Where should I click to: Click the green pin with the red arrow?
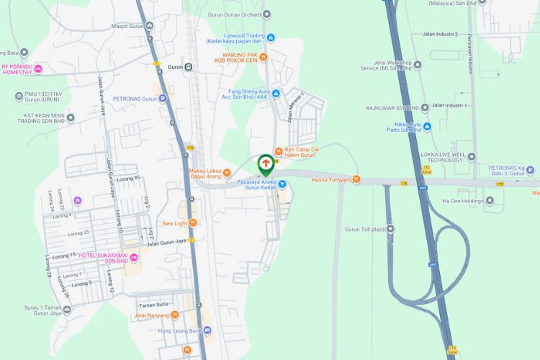[x=265, y=165]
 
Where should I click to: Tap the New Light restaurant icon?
[x=192, y=223]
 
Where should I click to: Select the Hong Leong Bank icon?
[x=207, y=330]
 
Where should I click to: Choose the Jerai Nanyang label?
[x=155, y=315]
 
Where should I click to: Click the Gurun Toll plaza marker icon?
[x=390, y=229]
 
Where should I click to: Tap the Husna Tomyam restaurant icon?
[x=356, y=180]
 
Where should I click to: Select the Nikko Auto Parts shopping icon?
[x=428, y=127]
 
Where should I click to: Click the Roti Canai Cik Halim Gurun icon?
[x=279, y=149]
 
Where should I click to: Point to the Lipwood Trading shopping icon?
[x=271, y=37]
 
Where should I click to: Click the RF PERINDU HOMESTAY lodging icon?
[x=39, y=69]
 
